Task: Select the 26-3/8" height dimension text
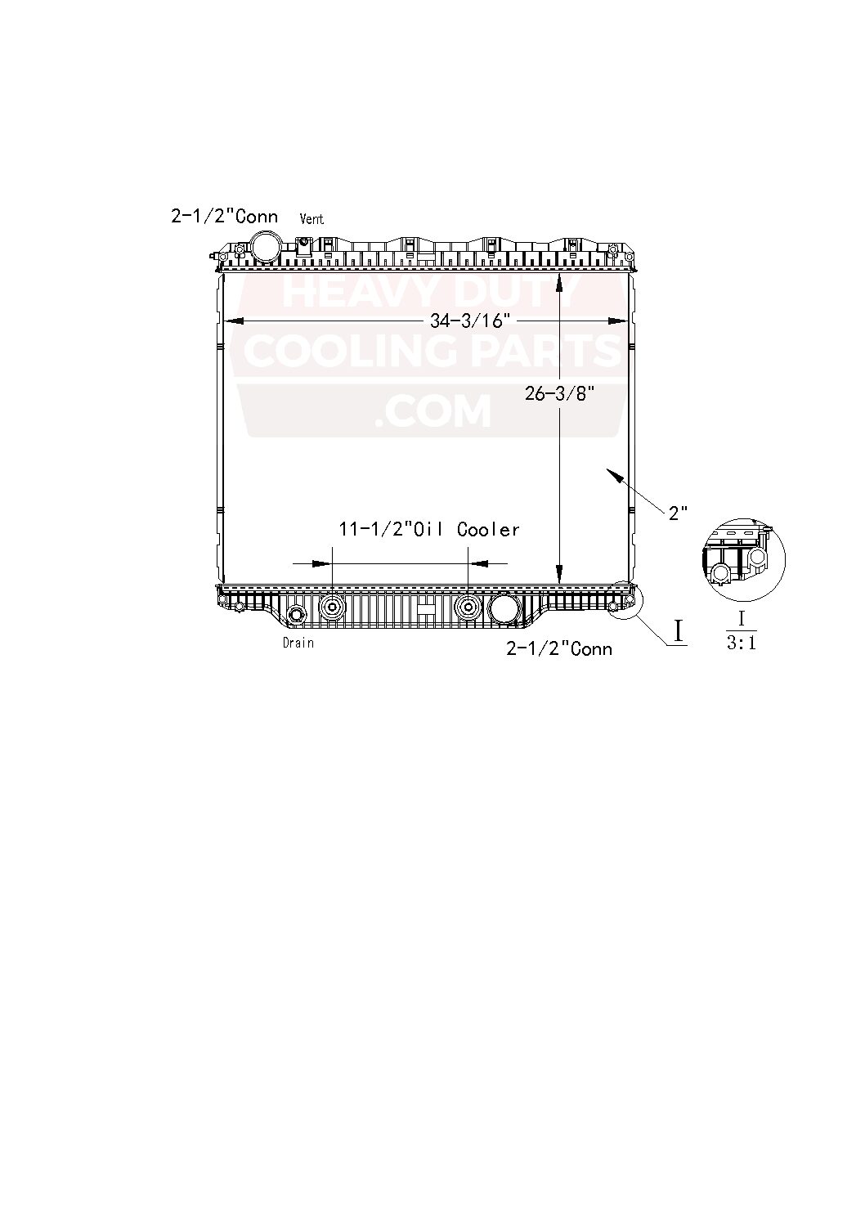point(558,393)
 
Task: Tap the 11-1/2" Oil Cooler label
point(429,530)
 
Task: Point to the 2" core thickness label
point(679,513)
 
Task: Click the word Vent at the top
point(311,219)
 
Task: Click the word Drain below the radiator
point(298,643)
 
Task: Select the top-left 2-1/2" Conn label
point(224,216)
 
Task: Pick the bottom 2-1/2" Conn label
point(559,648)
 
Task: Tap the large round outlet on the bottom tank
point(504,608)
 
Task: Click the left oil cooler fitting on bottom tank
point(333,607)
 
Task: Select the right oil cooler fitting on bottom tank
point(468,607)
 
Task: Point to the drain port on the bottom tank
point(296,615)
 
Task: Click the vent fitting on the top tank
point(303,244)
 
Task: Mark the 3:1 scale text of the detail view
point(742,643)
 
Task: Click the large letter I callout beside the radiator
point(678,630)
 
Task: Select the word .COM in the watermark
point(432,410)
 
